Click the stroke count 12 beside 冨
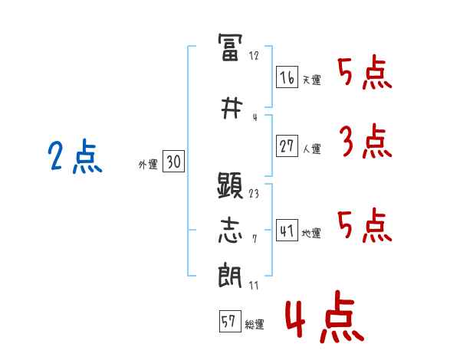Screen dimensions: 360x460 (254, 55)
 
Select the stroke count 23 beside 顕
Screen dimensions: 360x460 (254, 194)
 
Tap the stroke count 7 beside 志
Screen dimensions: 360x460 (254, 240)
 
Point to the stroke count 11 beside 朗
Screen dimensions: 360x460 (254, 286)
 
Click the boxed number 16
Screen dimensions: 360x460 (287, 77)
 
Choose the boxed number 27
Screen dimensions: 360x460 (287, 147)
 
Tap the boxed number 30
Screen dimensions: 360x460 (173, 162)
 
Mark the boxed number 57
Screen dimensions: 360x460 (228, 322)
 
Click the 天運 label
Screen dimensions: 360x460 (311, 80)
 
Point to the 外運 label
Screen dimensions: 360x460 (147, 164)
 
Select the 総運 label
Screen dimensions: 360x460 (255, 325)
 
